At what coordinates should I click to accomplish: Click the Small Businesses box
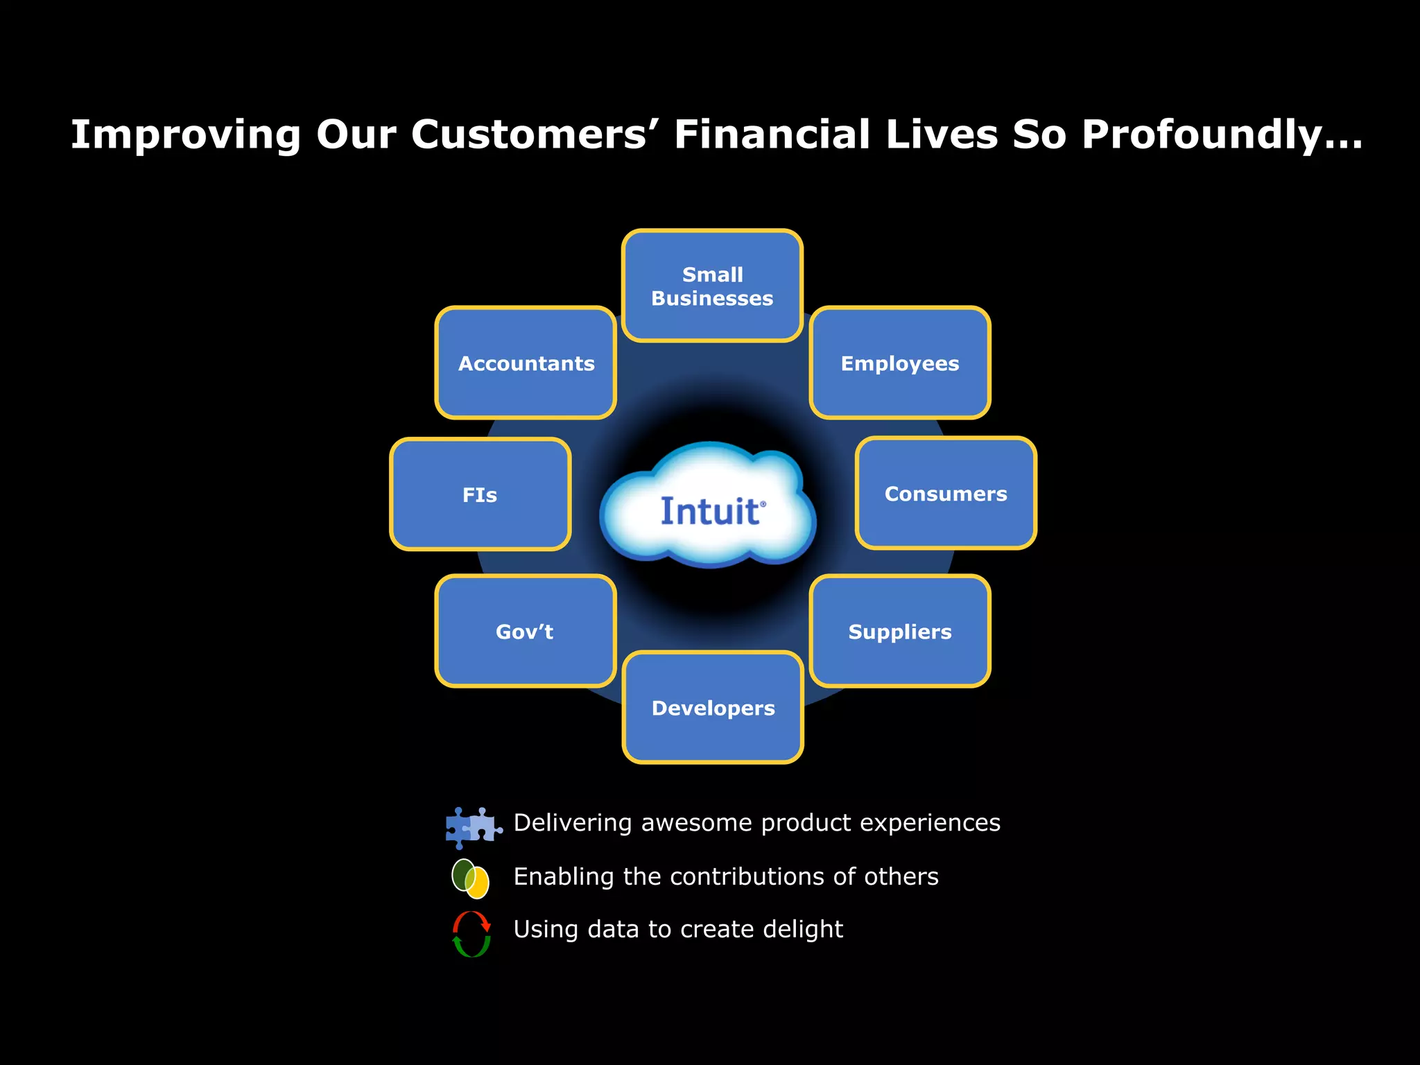point(712,286)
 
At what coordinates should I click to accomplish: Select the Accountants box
point(526,363)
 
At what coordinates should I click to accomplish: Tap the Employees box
point(900,363)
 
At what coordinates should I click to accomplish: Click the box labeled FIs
point(480,494)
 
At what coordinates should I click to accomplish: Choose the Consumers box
point(946,493)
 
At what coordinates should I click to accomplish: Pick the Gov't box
point(526,631)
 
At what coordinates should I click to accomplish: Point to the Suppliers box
point(900,631)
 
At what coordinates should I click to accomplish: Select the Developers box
point(713,707)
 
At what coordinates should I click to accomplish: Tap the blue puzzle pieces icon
point(473,827)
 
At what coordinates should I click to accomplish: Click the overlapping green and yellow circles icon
point(470,878)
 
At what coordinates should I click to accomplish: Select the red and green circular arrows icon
point(471,934)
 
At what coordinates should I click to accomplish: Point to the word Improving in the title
point(186,135)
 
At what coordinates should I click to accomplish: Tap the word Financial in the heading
point(772,135)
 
